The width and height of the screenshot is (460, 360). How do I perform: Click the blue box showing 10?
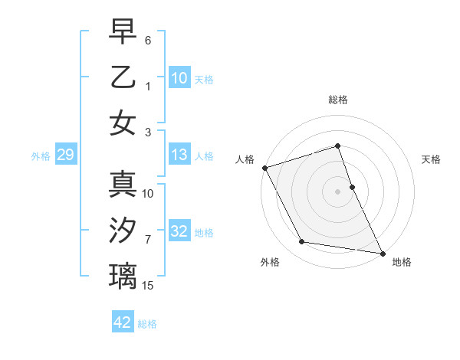179,78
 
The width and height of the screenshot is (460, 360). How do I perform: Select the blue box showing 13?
179,155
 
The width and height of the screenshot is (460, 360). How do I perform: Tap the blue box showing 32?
179,232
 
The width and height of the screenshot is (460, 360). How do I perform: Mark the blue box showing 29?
65,155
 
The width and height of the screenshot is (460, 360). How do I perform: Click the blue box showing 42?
123,322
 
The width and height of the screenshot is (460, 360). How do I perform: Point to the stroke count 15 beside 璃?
149,286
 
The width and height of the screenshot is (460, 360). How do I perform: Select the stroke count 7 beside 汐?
149,240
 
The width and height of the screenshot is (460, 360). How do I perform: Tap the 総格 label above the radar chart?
338,100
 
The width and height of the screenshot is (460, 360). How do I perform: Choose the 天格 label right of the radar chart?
431,159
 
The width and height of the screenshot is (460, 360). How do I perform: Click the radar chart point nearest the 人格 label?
264,168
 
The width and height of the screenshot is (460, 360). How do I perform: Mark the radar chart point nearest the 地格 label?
381,252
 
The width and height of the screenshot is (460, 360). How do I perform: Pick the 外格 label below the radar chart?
270,262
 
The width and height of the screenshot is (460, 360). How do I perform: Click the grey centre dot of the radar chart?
337,191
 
